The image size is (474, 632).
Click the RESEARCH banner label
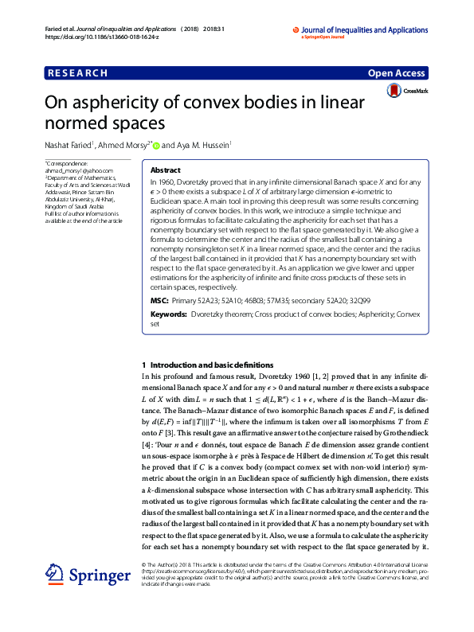pos(78,73)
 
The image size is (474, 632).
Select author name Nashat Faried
pos(69,146)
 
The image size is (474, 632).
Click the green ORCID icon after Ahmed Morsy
pos(157,146)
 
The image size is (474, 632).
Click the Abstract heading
pos(165,170)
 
